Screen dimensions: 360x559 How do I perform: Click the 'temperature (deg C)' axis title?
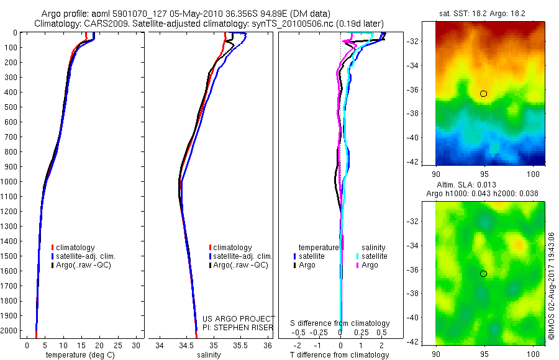point(78,355)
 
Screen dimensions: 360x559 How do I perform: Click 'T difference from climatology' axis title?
point(340,355)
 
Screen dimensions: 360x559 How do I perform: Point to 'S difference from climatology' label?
point(340,323)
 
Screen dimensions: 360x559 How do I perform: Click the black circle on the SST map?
point(483,94)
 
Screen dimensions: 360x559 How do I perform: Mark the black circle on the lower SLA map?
point(483,274)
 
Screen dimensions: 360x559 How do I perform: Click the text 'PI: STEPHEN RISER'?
point(239,328)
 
